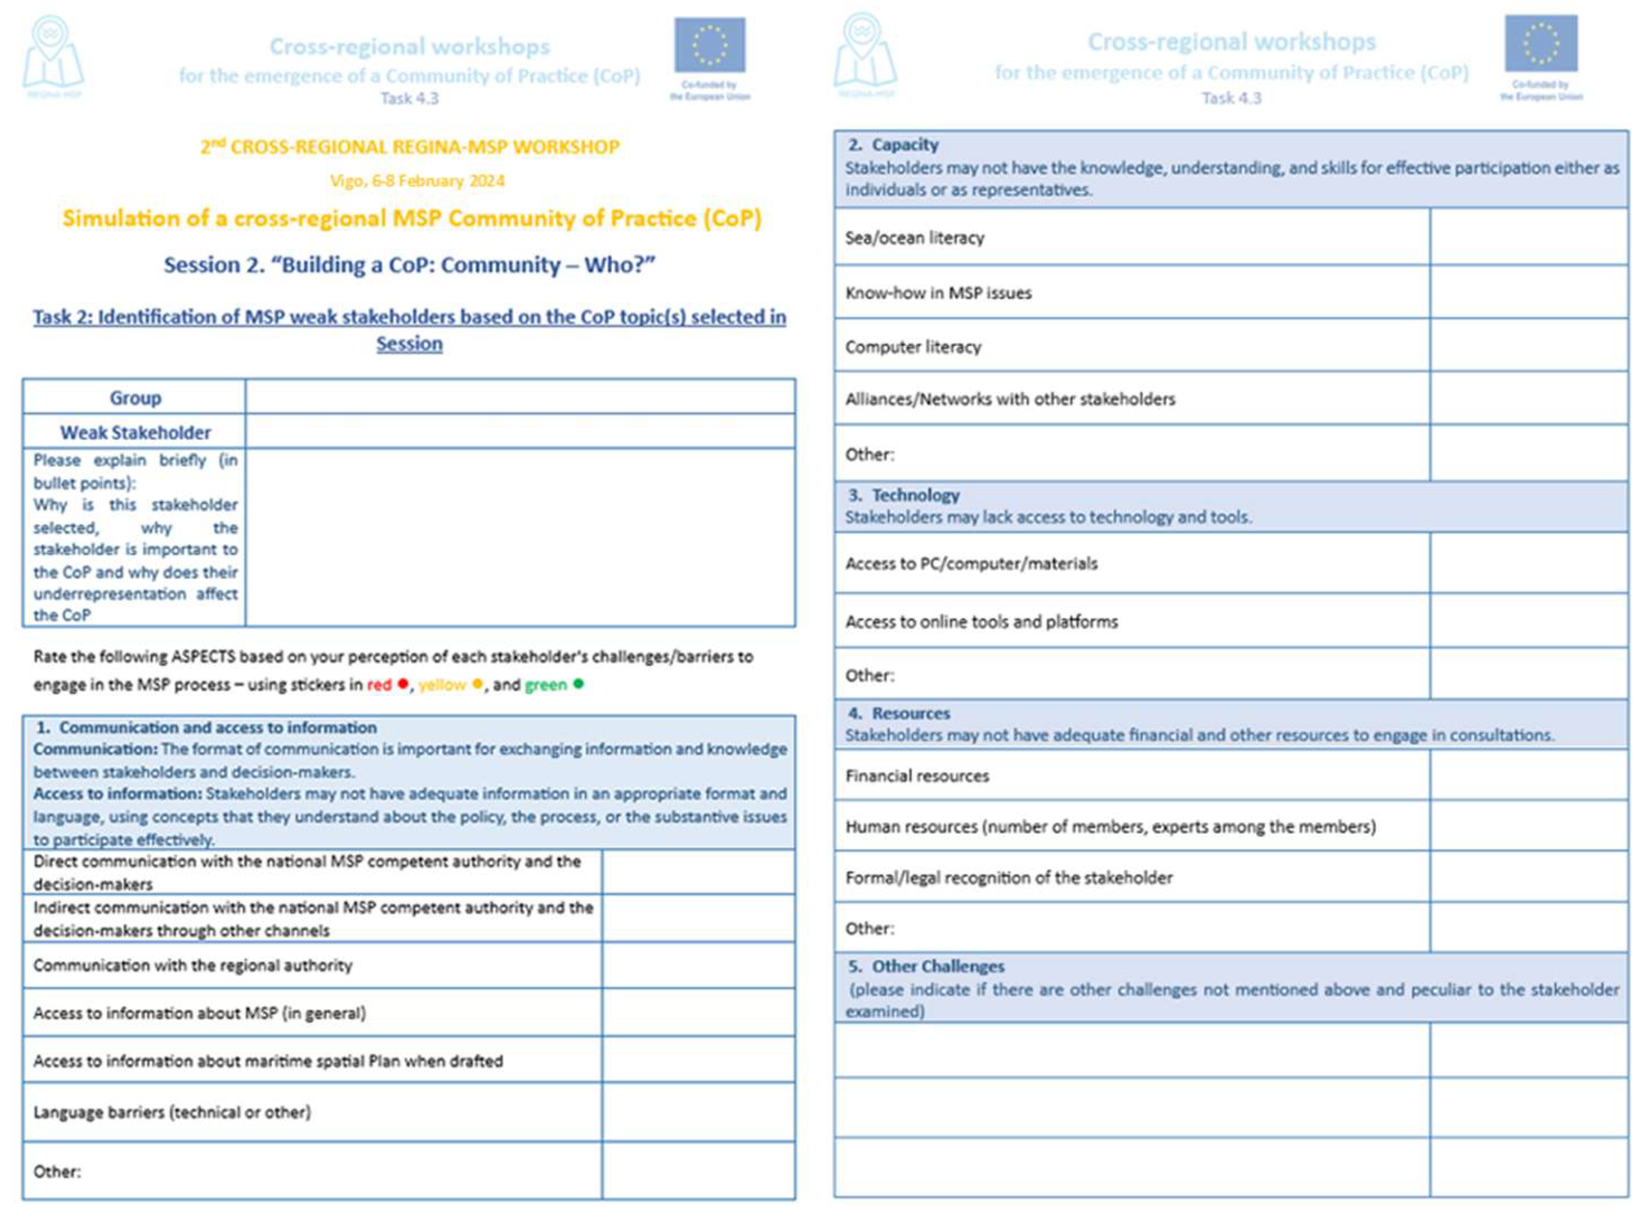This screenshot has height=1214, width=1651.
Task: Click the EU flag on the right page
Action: click(x=1541, y=42)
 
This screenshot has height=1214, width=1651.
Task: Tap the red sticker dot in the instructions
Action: click(x=403, y=683)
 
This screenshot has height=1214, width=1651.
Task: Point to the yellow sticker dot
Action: click(x=477, y=683)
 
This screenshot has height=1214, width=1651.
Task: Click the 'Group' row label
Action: click(x=135, y=398)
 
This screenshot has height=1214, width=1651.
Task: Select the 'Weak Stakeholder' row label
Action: click(x=135, y=432)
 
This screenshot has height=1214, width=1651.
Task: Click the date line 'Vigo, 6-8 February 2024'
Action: click(x=417, y=181)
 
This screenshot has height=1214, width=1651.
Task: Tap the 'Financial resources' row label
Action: click(x=917, y=776)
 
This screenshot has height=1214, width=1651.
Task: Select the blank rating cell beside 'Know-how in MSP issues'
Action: click(x=1529, y=292)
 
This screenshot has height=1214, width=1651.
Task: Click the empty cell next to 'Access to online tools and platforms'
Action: click(x=1529, y=622)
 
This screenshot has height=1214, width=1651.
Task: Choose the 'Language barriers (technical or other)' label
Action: click(x=172, y=1112)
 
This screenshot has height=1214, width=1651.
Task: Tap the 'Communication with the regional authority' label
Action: click(x=192, y=965)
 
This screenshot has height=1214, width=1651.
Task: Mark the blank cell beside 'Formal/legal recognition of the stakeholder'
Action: click(x=1529, y=877)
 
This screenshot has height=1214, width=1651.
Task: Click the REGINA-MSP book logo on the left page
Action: click(x=53, y=55)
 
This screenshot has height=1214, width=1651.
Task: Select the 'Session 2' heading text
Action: click(x=409, y=264)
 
